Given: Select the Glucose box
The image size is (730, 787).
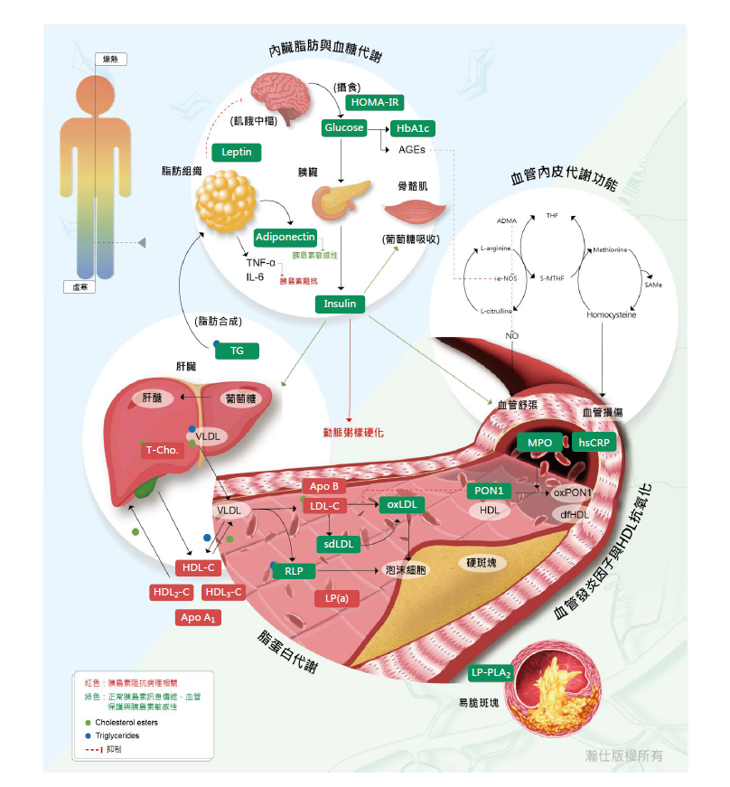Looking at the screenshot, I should pos(343,128).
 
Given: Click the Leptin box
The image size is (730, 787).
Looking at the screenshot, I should pos(236,152).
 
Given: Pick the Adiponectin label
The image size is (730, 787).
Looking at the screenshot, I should pos(285,237).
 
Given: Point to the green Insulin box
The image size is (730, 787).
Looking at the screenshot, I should pos(340,304).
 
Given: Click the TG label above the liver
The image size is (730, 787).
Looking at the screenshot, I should pos(237,350).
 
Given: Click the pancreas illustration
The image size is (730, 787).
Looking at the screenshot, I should pos(340,200).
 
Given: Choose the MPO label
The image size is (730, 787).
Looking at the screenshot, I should pos(540,443).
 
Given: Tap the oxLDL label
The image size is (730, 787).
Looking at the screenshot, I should pos(402,504).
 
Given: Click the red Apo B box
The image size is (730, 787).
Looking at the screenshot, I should pos(323,486).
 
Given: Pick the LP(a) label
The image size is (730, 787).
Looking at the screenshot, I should pos(330,598).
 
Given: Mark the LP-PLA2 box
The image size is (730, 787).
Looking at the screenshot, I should pos(491,673).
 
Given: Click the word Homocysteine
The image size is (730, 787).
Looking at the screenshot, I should pos(611,315).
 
